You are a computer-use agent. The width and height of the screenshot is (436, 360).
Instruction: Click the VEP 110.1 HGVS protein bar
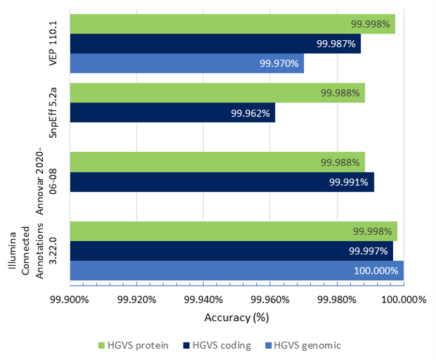(232, 24)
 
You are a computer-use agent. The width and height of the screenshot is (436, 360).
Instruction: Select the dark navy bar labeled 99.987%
(215, 43)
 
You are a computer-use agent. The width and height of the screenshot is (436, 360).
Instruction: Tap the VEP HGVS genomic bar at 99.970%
(187, 64)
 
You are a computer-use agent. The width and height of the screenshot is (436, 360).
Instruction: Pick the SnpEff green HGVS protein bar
(217, 93)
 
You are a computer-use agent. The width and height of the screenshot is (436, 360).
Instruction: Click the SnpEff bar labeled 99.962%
(172, 112)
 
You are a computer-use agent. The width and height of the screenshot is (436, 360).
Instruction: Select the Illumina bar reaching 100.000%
(236, 271)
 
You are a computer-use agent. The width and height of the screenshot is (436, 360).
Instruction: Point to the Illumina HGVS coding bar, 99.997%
(231, 251)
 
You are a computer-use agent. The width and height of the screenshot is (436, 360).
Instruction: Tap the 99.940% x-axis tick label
(203, 300)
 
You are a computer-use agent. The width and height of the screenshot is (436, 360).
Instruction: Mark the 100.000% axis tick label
(403, 300)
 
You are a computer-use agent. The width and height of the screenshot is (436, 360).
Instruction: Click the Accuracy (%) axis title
(236, 317)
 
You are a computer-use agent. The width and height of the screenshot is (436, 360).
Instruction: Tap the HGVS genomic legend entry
(301, 345)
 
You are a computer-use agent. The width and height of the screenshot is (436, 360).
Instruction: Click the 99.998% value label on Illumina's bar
(372, 232)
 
